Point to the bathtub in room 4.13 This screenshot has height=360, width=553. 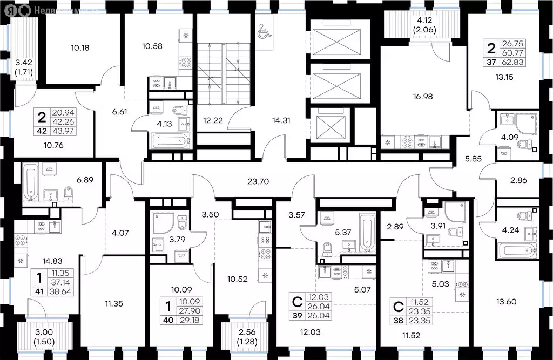click(170, 142)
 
